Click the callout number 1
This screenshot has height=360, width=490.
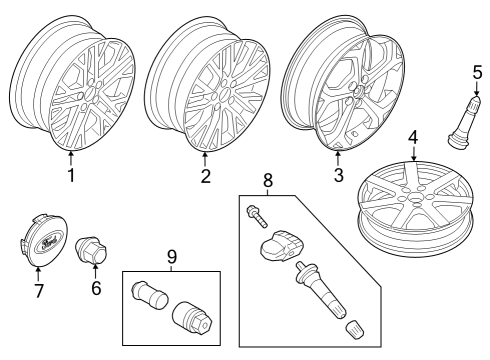(71, 177)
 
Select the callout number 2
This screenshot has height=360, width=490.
(205, 177)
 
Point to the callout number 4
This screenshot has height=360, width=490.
(413, 136)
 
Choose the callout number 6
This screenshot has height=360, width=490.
(97, 288)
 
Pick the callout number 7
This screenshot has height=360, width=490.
(39, 291)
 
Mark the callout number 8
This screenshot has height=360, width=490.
(266, 182)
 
